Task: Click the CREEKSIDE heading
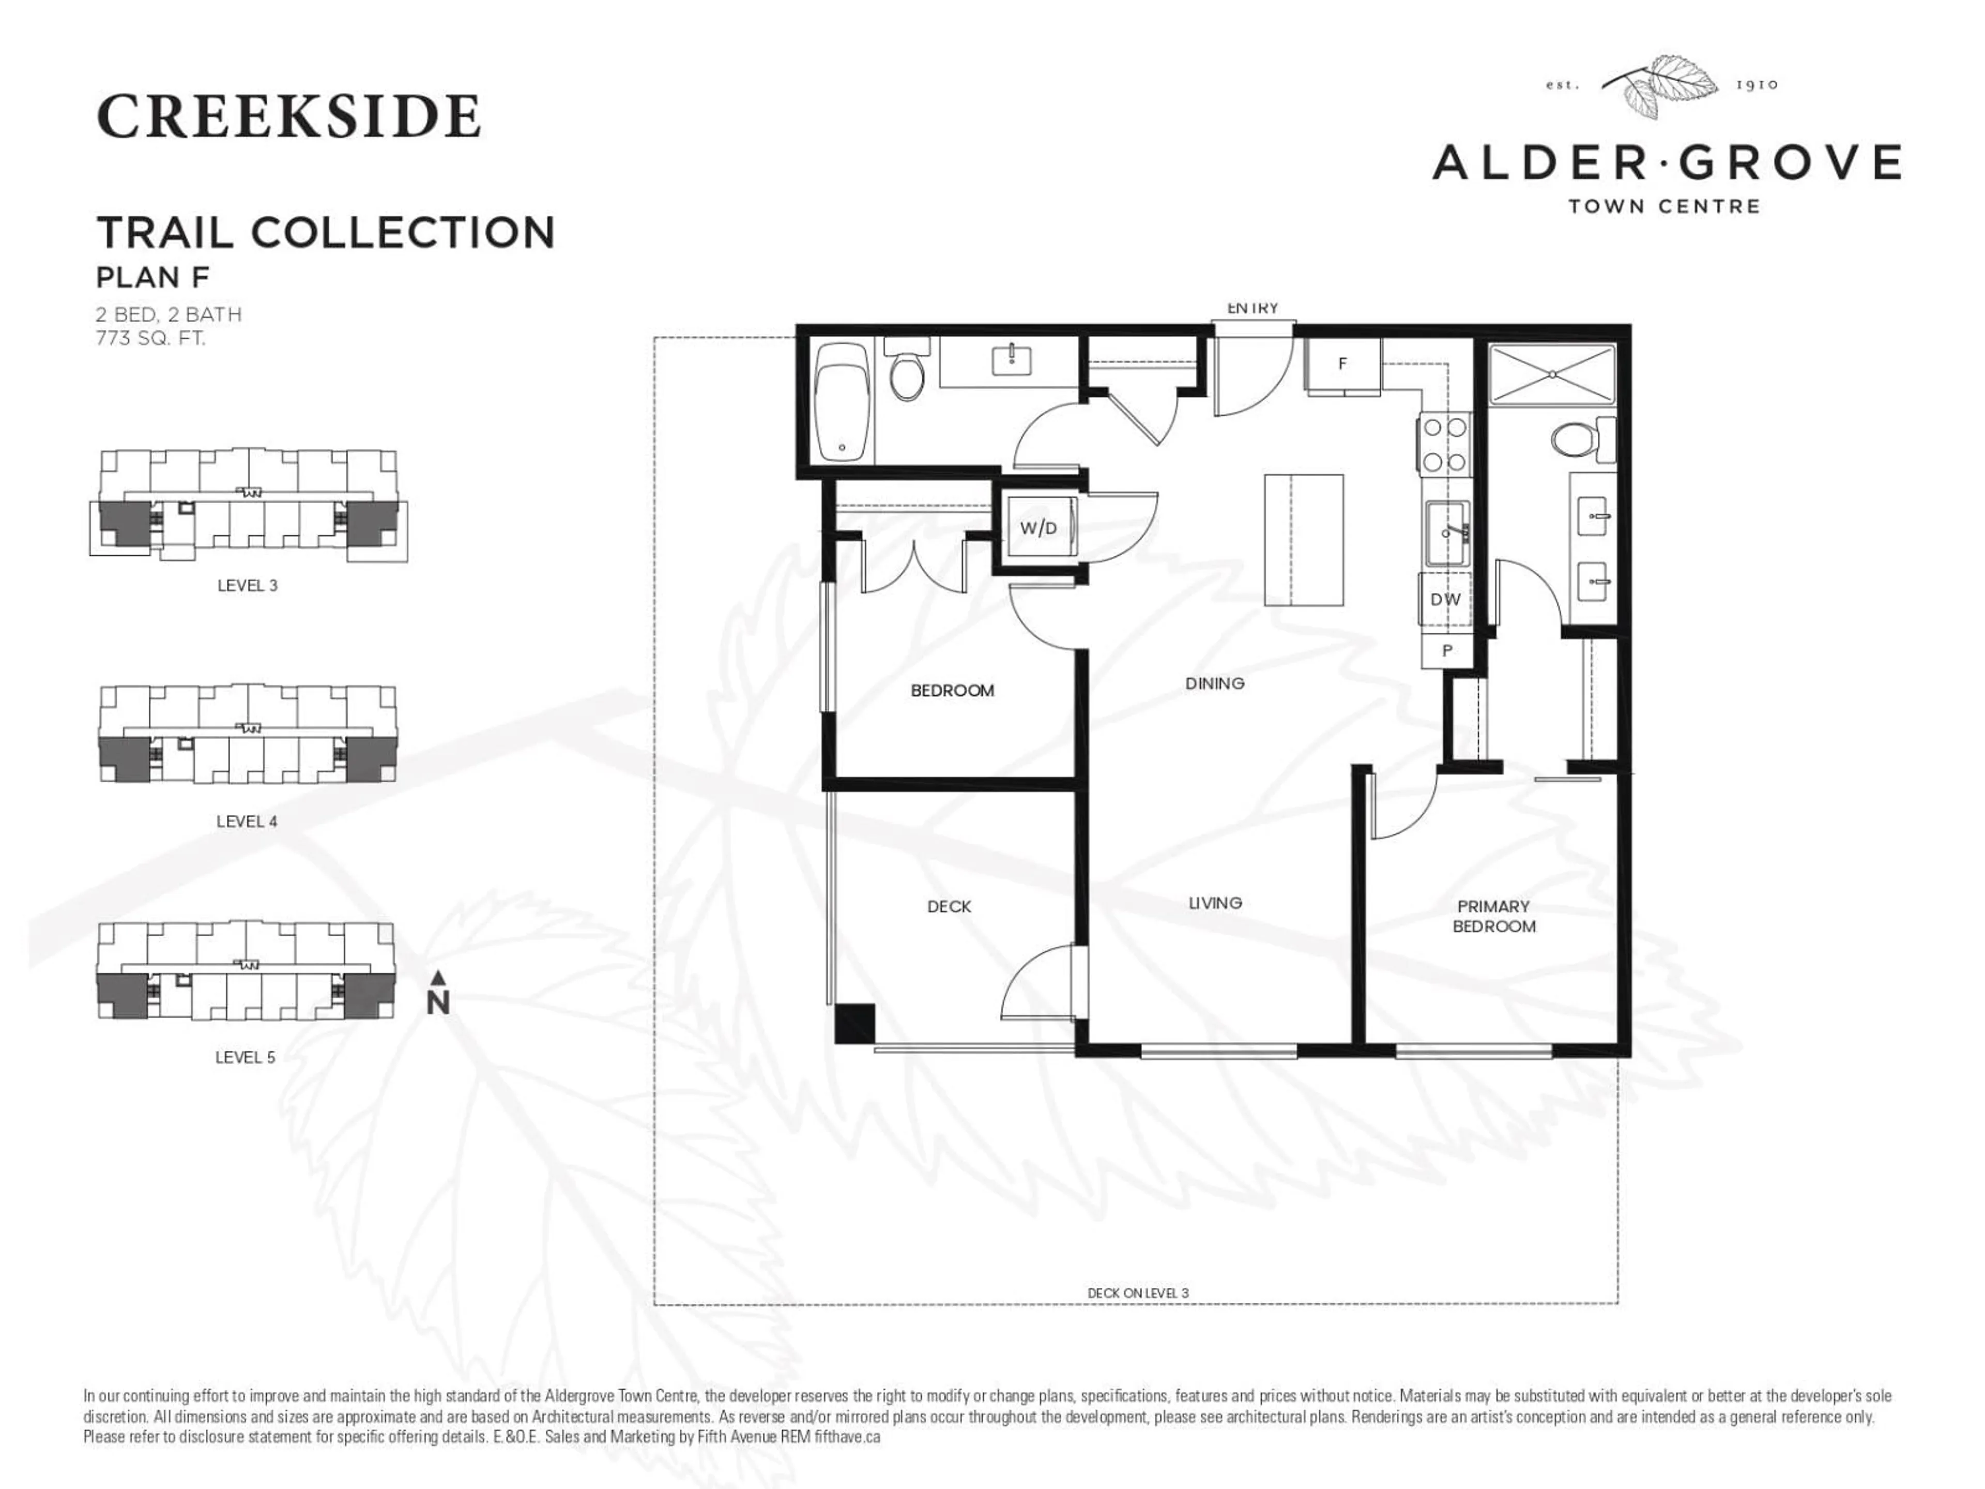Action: point(288,117)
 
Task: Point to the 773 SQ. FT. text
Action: point(151,338)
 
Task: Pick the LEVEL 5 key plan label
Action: point(245,1057)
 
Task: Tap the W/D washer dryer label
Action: point(1039,528)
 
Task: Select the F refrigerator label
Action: point(1342,363)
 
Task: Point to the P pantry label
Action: point(1446,651)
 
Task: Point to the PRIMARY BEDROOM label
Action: point(1493,916)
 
